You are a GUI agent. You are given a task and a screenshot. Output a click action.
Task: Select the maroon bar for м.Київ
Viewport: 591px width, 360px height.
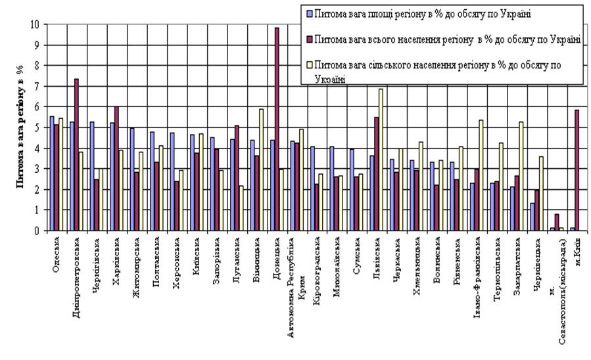coord(577,170)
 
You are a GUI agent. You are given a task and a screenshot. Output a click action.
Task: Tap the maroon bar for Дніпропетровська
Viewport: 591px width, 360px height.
coord(76,155)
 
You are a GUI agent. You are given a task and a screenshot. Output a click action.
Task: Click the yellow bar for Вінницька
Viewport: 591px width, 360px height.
coord(261,169)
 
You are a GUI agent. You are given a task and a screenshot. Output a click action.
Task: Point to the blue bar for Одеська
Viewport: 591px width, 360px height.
coord(52,173)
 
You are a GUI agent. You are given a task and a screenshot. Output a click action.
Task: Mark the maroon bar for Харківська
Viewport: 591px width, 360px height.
coord(116,169)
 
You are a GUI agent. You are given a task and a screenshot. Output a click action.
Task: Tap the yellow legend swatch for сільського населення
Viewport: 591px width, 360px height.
coord(310,65)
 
